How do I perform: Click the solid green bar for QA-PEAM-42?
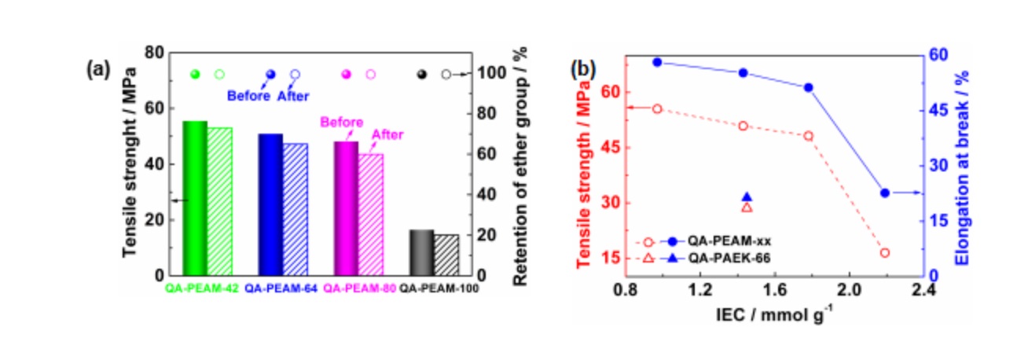[x=194, y=198]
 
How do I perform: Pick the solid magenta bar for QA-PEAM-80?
[x=346, y=208]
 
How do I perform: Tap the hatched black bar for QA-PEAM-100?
[x=446, y=255]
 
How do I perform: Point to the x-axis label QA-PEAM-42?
[x=201, y=288]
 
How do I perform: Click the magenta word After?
[x=387, y=135]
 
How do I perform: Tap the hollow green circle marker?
[x=219, y=75]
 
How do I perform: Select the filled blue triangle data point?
[x=747, y=198]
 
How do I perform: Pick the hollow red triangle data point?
[x=747, y=208]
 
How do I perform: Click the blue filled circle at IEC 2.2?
[x=885, y=193]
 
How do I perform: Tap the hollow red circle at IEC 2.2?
[x=885, y=253]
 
